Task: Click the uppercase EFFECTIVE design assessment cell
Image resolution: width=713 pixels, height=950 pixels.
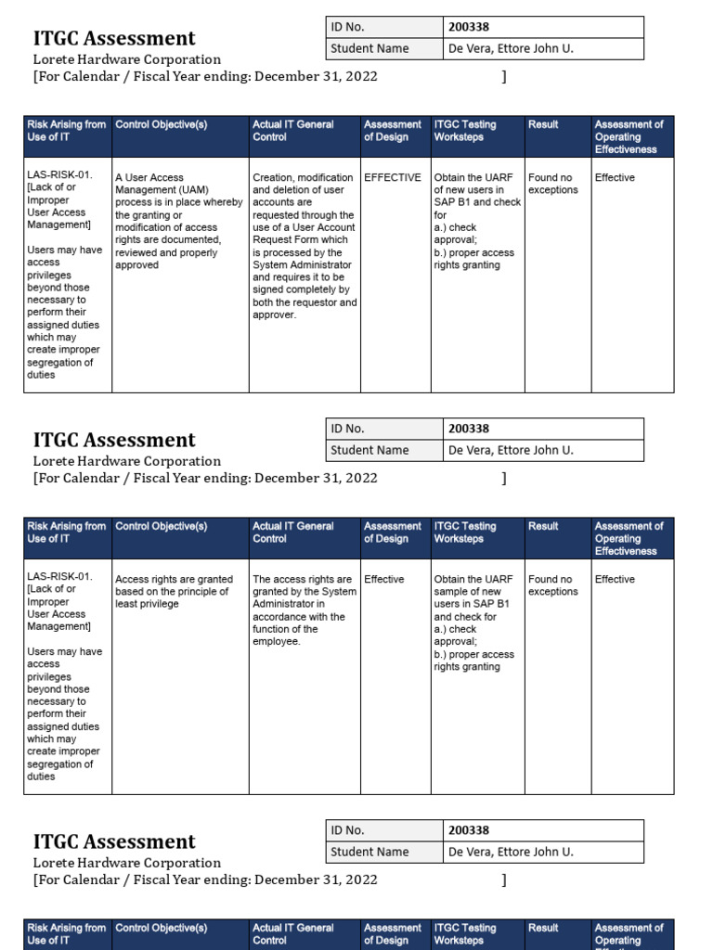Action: click(392, 177)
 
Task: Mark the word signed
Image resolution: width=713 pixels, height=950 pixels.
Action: click(269, 290)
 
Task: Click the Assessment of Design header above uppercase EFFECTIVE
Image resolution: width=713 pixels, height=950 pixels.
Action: click(392, 131)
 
